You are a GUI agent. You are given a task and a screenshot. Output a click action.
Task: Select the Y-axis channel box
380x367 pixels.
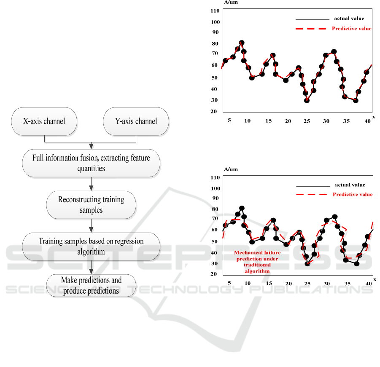coord(136,121)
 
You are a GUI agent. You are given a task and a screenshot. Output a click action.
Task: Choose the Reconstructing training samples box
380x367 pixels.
coord(91,204)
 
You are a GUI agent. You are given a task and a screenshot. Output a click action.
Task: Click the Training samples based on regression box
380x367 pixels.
coord(91,246)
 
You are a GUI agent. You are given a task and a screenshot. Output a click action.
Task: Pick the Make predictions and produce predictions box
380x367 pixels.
coord(91,285)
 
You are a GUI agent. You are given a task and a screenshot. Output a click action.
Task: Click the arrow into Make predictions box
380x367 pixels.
coord(91,267)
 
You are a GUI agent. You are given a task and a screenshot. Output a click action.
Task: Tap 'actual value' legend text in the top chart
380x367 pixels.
coord(349,19)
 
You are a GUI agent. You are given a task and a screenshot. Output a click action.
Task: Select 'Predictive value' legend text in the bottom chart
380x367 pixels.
coord(353,195)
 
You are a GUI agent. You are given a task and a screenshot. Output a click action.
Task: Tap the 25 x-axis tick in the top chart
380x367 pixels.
coord(307,121)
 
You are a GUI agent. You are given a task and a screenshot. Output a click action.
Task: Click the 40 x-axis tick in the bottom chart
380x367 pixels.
coord(368,284)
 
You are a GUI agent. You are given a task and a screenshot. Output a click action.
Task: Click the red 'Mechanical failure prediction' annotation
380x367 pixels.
coord(256,262)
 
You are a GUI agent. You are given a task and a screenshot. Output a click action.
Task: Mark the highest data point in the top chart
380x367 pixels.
coord(242,43)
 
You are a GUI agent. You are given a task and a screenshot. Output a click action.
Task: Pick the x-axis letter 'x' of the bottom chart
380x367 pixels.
coord(374,279)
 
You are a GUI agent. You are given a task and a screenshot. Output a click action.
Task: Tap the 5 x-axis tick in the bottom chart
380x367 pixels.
coord(229,283)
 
